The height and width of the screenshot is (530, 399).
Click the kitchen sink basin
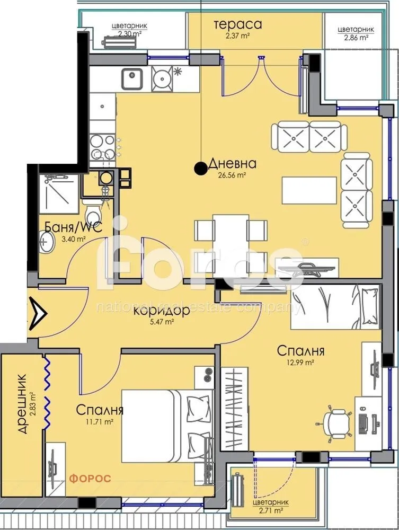point(132,78)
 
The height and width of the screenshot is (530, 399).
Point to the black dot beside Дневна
point(201,168)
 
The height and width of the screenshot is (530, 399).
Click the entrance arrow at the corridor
point(38,313)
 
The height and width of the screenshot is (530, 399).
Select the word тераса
point(238,24)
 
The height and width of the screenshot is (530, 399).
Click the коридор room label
point(161,311)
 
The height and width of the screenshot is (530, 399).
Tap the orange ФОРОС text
point(90,479)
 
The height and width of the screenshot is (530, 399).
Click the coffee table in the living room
point(309,190)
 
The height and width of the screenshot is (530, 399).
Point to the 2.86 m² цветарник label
point(356,33)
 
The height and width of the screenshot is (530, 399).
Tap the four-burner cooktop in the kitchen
point(102,147)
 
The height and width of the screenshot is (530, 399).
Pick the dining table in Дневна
point(231,240)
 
